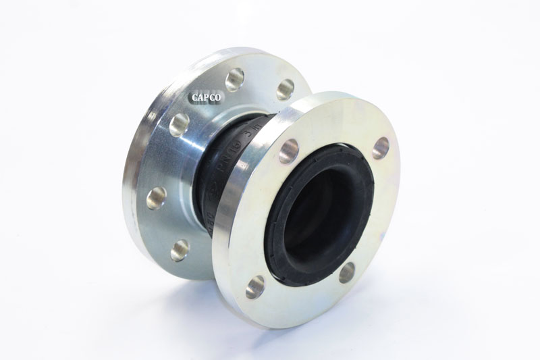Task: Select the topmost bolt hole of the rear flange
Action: point(235,79)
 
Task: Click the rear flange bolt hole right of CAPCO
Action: point(286,88)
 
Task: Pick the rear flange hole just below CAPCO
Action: point(180,124)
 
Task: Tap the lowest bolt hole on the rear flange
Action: point(180,250)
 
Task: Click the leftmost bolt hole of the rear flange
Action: point(157,197)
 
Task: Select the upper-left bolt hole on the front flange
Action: point(288,151)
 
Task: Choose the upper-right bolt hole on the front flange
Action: point(381,148)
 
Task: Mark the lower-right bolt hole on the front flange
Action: point(347,272)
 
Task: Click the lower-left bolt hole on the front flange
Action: point(255,286)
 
